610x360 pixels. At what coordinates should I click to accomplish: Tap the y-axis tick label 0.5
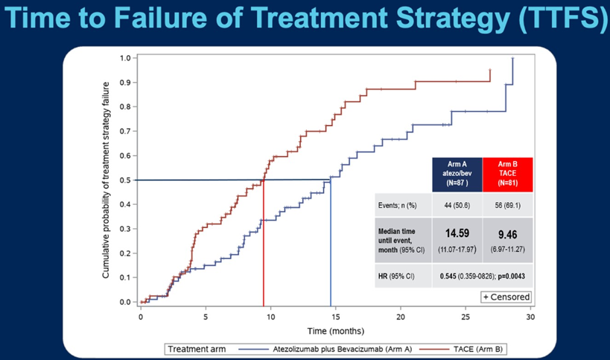126,180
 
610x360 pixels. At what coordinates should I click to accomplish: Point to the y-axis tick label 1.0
126,57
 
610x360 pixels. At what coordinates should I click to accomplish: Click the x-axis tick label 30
530,317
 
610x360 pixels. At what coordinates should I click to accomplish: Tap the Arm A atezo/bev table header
457,174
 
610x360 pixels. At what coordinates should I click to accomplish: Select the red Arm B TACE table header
506,174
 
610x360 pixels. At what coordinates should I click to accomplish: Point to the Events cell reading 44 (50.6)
457,204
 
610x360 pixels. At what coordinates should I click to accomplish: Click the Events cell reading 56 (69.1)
506,204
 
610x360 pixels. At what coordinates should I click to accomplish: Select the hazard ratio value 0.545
448,275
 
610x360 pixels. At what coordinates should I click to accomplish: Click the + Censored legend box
506,297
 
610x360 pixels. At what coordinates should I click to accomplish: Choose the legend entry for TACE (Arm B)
477,349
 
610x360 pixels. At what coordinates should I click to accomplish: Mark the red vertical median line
264,246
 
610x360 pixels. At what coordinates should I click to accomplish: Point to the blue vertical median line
331,246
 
